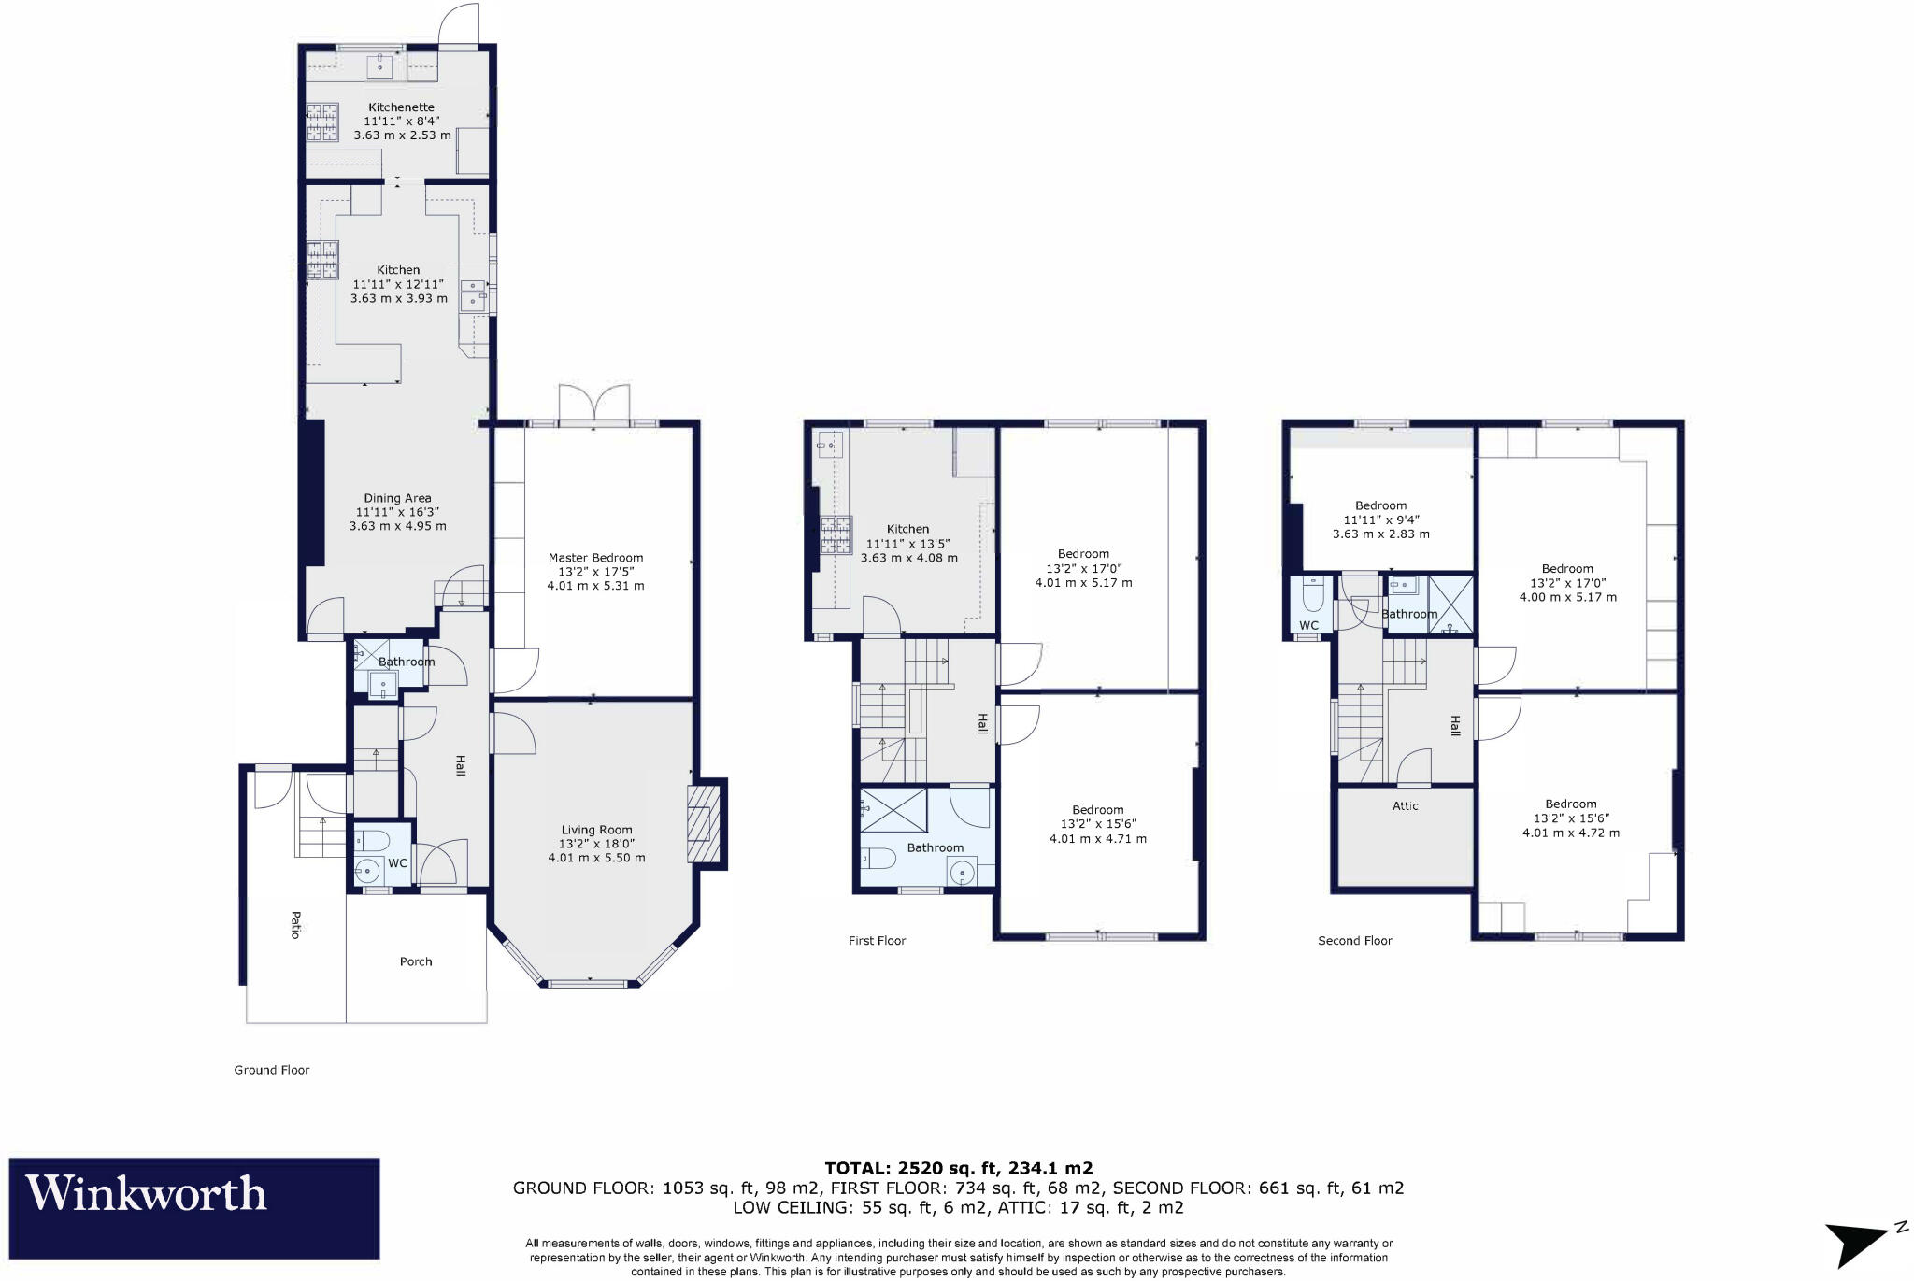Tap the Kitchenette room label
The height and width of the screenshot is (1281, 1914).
tap(401, 107)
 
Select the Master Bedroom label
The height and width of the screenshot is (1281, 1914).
tap(595, 558)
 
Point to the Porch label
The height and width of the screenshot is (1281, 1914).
tap(416, 961)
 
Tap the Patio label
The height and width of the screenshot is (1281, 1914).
tap(295, 925)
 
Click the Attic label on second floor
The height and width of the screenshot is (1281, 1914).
tap(1405, 805)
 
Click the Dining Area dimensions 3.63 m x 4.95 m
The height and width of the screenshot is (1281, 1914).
tap(397, 526)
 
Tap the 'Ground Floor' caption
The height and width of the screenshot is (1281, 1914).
tap(271, 1070)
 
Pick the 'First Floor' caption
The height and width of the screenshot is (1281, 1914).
tap(877, 941)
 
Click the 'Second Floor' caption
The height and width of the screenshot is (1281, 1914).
tap(1354, 941)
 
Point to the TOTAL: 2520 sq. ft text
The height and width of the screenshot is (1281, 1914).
tap(958, 1168)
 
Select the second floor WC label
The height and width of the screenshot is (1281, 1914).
tap(1308, 626)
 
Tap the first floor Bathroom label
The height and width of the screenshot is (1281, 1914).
tap(935, 847)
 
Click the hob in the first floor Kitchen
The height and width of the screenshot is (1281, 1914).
tap(836, 534)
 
